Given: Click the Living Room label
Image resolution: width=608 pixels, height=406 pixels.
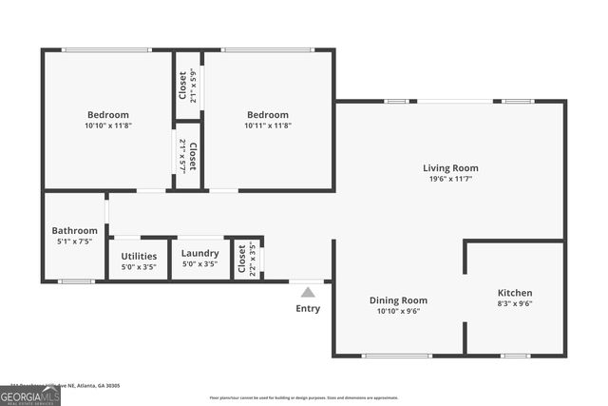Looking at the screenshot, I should click(450, 168).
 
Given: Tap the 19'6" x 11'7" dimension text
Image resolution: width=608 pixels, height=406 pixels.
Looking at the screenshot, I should click(450, 181).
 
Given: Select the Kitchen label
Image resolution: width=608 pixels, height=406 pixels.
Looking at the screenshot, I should click(515, 293).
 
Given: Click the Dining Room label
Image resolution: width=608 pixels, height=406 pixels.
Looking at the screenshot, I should click(398, 300).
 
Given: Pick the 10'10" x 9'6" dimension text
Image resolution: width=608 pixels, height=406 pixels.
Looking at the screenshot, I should click(398, 311).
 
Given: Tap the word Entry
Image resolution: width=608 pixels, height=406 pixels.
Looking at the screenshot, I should click(308, 308).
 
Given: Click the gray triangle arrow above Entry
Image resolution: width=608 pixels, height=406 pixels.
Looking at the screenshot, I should click(308, 292).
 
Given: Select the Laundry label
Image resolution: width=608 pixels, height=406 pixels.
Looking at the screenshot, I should click(200, 253).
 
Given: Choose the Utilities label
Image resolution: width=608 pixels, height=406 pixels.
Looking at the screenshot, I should click(139, 256).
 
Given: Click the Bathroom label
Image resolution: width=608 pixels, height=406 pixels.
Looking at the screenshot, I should click(74, 230).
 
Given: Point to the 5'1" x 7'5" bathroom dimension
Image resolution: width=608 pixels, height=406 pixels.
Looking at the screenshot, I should click(74, 242).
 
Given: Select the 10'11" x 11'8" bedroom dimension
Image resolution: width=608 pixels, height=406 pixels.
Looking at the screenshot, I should click(266, 126).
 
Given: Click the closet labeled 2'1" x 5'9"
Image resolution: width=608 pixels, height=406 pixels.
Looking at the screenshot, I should click(187, 84).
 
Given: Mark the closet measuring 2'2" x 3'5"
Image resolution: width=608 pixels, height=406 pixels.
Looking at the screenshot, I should click(247, 258).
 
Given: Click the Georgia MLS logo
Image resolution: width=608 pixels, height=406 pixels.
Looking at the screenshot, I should click(30, 395).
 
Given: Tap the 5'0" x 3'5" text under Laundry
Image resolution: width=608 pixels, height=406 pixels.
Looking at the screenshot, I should click(200, 264).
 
